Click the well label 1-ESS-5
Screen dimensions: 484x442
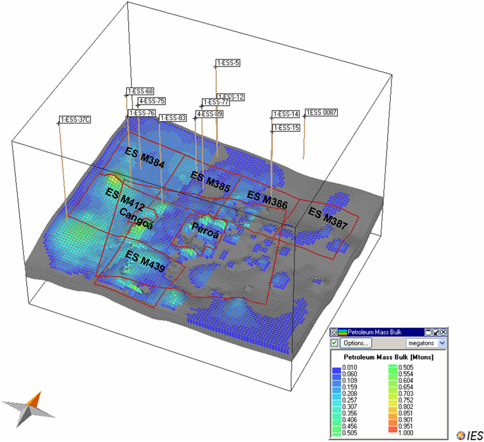[x=228, y=63]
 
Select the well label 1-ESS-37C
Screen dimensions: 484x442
[x=75, y=119]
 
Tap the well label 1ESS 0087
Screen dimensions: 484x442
[x=322, y=112]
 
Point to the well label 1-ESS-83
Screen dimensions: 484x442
[x=173, y=118]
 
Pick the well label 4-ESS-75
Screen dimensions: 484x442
[x=152, y=101]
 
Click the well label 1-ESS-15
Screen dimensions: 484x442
[x=286, y=128]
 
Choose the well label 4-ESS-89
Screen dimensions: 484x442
[x=209, y=114]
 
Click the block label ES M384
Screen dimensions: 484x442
[x=144, y=158]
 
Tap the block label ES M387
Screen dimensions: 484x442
[x=328, y=218]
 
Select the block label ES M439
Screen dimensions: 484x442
[x=145, y=261]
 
